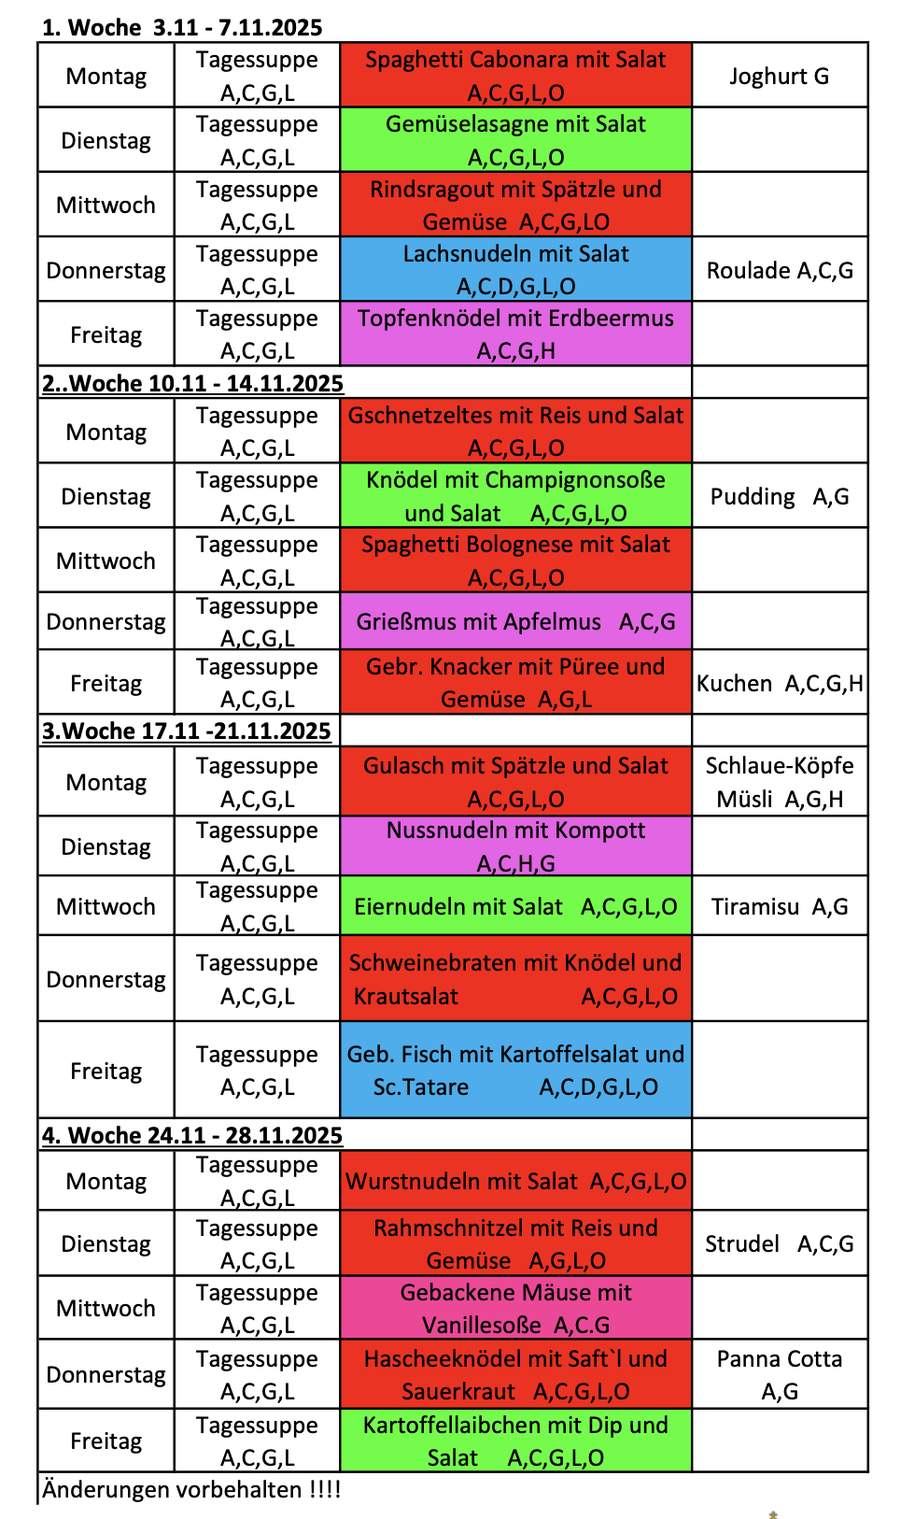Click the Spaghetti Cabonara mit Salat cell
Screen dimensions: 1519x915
pos(515,76)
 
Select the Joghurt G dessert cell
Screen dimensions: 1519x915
pos(779,76)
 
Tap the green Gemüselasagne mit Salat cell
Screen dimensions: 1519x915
pos(515,140)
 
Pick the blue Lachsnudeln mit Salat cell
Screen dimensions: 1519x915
pos(515,269)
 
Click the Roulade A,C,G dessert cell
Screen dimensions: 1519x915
pos(779,270)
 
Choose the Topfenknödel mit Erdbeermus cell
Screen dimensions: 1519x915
pos(515,334)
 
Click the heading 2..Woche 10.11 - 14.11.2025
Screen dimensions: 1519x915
pos(192,383)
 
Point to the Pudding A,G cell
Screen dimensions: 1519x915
pos(779,496)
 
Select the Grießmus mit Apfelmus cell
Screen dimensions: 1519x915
pos(515,621)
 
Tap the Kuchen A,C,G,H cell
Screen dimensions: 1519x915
pos(779,683)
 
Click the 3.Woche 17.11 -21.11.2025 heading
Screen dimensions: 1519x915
pos(186,731)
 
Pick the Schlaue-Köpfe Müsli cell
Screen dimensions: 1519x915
pos(779,782)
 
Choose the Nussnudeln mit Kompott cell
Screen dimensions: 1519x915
pos(515,846)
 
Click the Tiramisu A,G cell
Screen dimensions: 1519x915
pos(779,906)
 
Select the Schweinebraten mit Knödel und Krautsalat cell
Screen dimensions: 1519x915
pos(515,979)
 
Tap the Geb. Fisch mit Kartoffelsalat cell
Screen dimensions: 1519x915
pos(515,1071)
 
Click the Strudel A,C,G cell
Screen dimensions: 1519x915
pos(779,1243)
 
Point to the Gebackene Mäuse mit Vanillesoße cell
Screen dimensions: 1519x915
pos(515,1308)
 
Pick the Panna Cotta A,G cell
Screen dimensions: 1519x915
pos(779,1374)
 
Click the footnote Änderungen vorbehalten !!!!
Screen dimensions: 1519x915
pos(191,1489)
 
